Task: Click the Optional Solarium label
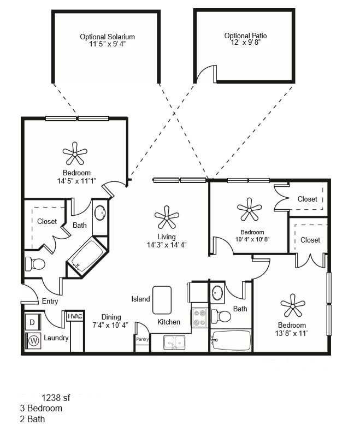[107, 37]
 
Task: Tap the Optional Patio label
[245, 36]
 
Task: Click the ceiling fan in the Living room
[167, 217]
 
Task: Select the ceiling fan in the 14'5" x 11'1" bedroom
[75, 153]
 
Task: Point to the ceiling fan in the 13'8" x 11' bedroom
[292, 305]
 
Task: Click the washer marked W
[33, 340]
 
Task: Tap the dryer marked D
[32, 322]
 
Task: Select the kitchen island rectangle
[162, 300]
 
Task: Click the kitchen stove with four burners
[198, 318]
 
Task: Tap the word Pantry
[142, 339]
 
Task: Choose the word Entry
[50, 302]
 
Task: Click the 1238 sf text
[56, 398]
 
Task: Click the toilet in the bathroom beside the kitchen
[223, 316]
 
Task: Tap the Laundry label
[56, 338]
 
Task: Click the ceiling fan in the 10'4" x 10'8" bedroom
[249, 209]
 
